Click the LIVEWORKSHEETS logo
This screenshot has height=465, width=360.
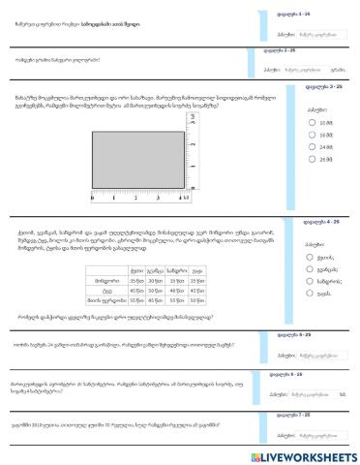click(x=310, y=454)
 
